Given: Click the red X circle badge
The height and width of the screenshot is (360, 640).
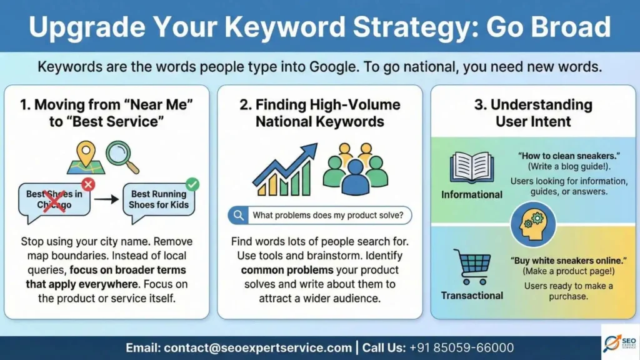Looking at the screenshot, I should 88,184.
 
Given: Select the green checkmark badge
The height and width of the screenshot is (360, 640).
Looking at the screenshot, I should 192,184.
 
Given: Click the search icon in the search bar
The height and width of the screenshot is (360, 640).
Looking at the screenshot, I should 238,216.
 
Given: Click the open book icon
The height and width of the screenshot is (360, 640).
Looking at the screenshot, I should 472,167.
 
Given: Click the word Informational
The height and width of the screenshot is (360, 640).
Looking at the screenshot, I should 472,194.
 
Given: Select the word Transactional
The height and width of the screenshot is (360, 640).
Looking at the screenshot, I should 472,295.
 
